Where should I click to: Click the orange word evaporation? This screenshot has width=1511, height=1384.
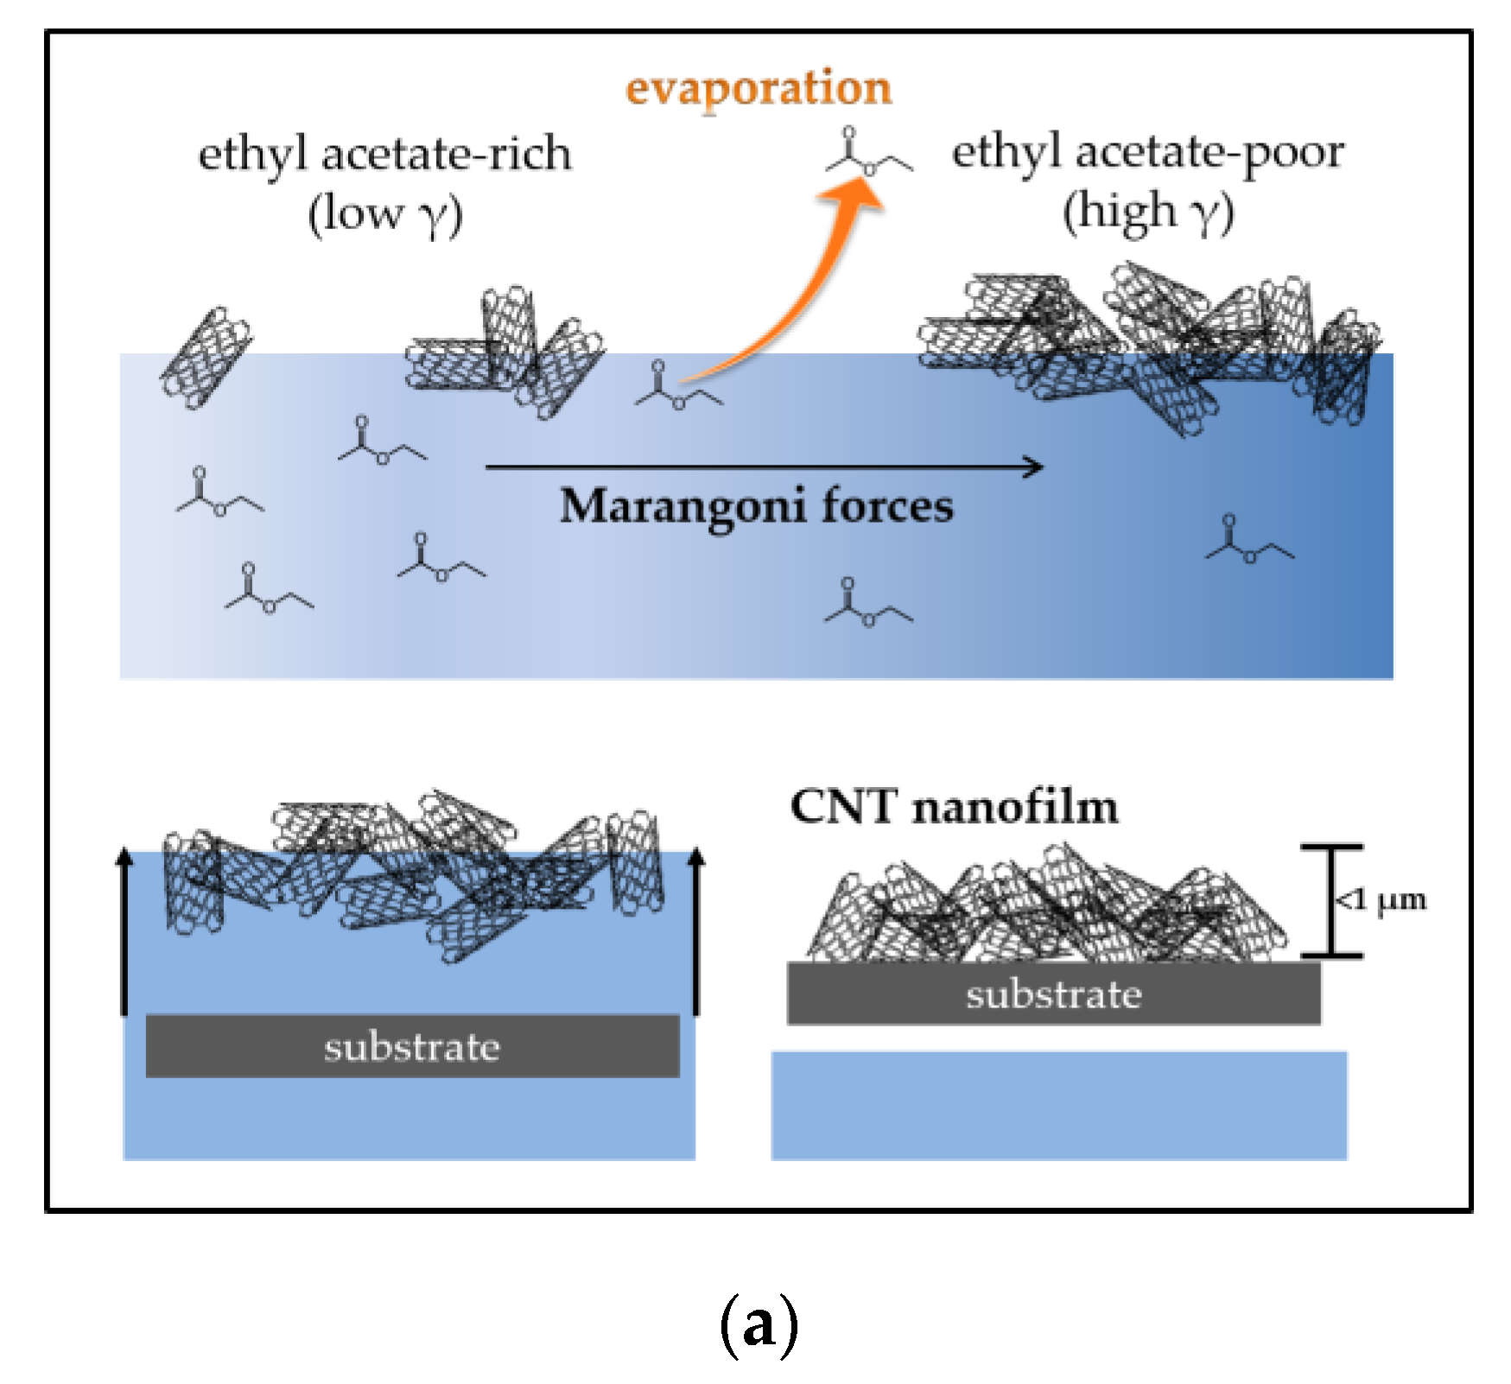click(758, 90)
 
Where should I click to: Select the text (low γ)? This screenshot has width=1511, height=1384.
click(385, 213)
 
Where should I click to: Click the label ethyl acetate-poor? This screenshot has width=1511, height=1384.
click(1147, 153)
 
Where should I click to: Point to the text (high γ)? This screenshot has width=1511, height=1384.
click(1147, 212)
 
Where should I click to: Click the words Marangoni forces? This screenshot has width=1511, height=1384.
click(757, 505)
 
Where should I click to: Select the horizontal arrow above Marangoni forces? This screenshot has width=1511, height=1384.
click(764, 467)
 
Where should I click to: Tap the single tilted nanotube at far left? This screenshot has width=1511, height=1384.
click(206, 358)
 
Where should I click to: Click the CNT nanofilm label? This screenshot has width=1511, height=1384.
click(954, 807)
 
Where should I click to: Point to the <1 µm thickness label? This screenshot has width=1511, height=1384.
click(1381, 900)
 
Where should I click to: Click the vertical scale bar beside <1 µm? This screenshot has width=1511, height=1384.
click(1331, 901)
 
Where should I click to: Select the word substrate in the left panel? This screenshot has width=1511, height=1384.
click(412, 1047)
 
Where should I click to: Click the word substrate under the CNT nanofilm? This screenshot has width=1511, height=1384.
click(1053, 994)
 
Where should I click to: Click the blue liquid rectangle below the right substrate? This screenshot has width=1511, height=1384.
click(1058, 1105)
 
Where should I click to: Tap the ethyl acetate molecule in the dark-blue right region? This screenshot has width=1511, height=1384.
click(1248, 541)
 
